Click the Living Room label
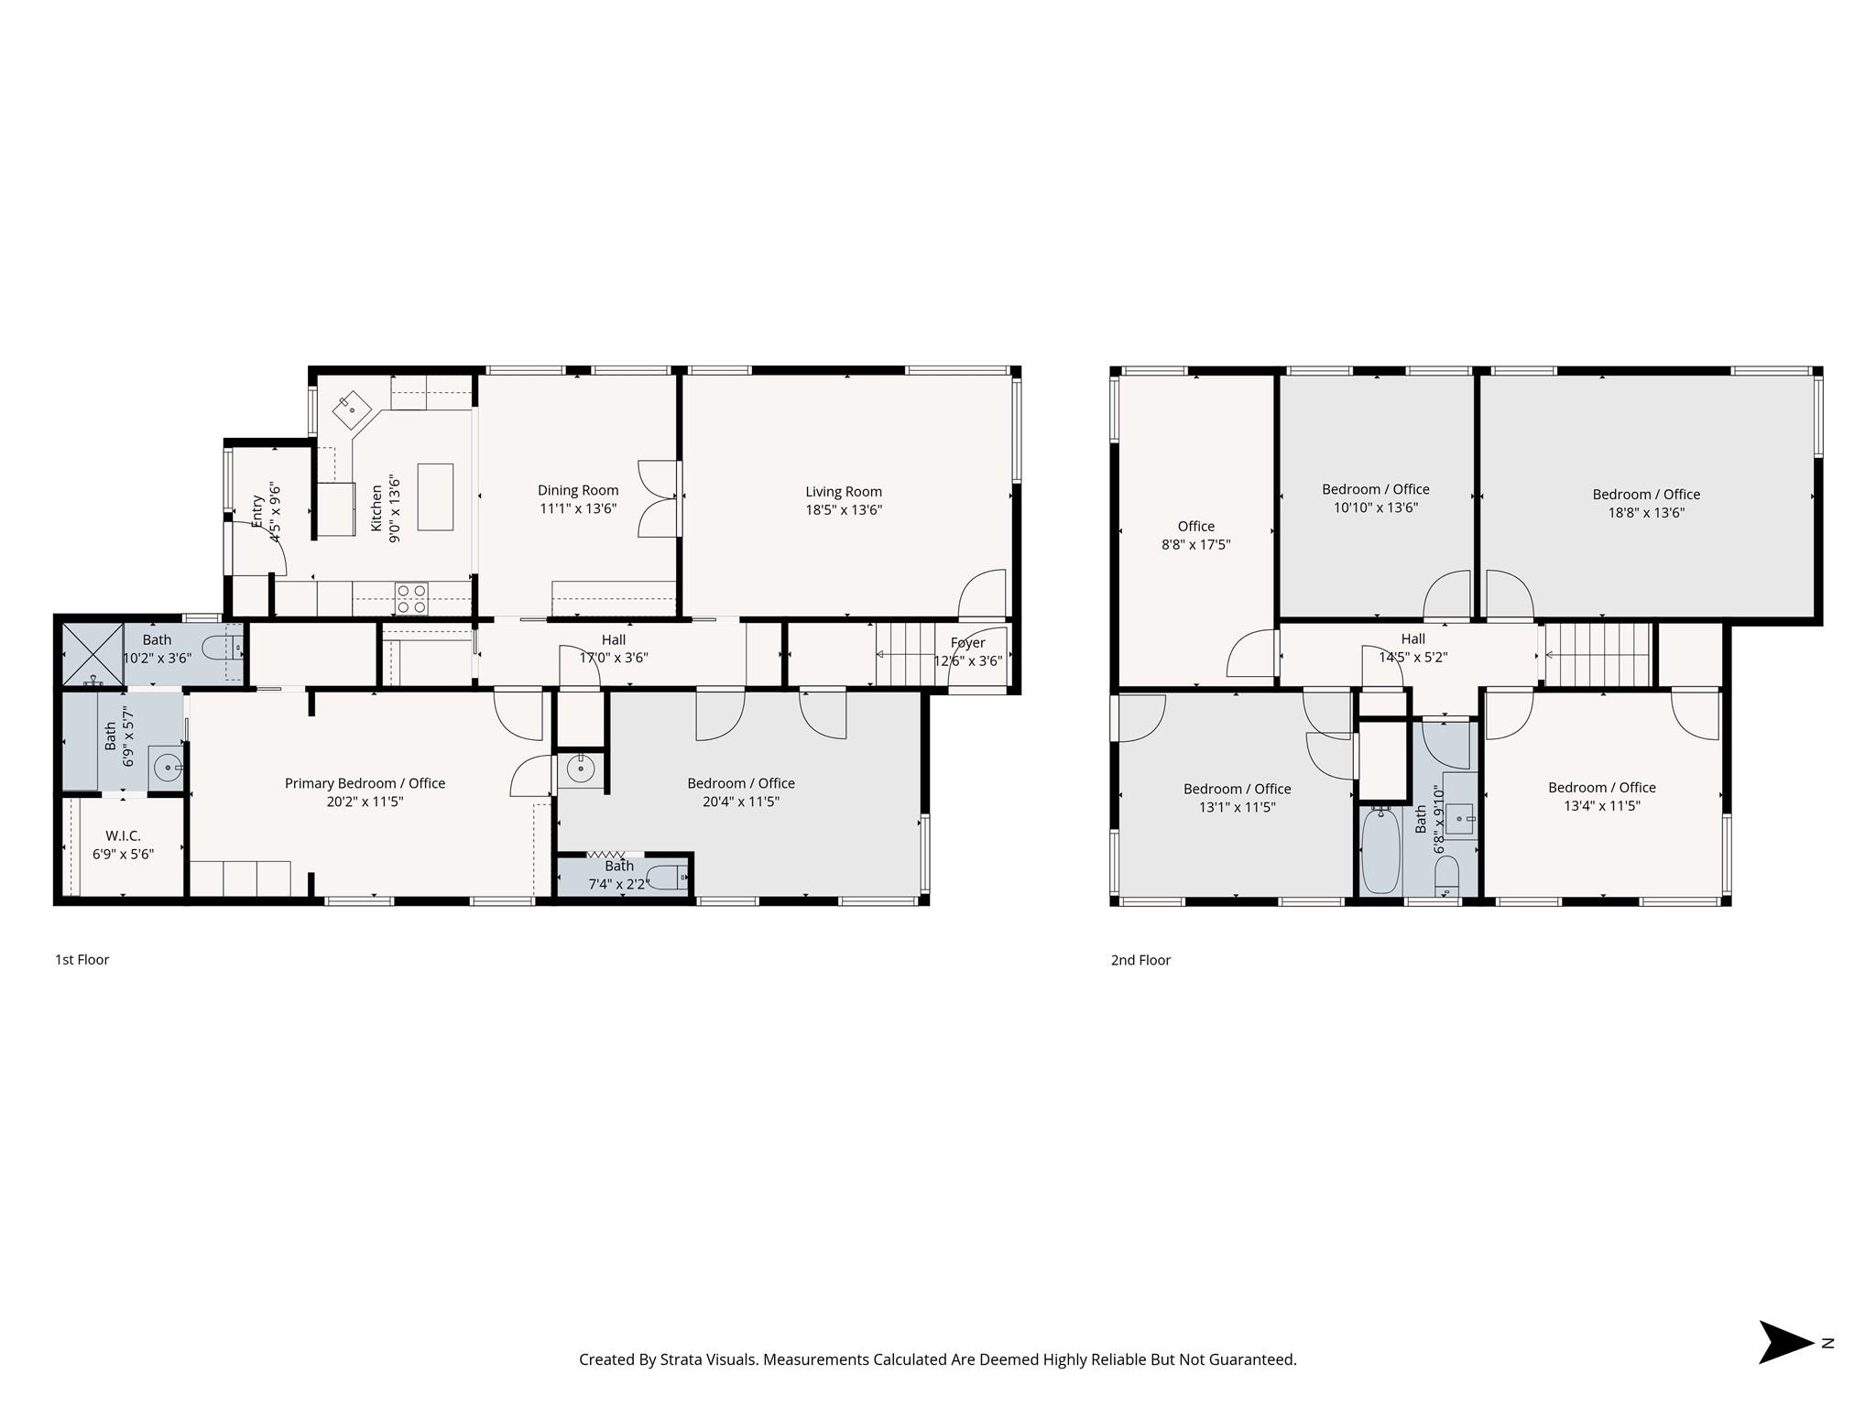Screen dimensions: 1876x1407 tap(844, 492)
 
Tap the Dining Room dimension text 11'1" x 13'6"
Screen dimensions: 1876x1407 tap(578, 509)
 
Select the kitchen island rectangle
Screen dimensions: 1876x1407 tap(435, 496)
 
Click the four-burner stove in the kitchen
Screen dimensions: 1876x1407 tap(411, 599)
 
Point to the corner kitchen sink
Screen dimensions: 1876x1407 tap(352, 409)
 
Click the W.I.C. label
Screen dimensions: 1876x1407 tap(123, 836)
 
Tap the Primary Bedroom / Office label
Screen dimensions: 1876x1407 tap(365, 783)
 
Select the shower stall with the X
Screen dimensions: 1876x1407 tap(93, 653)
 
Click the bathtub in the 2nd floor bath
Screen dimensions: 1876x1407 tap(1380, 851)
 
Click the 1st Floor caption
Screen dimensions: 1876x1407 tap(82, 960)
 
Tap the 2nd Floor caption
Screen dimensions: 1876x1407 tap(1140, 960)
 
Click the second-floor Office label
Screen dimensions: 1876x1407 tap(1195, 526)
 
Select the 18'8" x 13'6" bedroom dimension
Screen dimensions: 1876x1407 tap(1646, 513)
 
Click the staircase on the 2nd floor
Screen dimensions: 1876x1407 tap(1598, 654)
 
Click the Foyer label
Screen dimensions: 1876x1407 tap(967, 643)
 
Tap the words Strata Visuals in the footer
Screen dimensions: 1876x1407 tap(703, 1359)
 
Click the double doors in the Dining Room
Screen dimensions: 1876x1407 tap(658, 497)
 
